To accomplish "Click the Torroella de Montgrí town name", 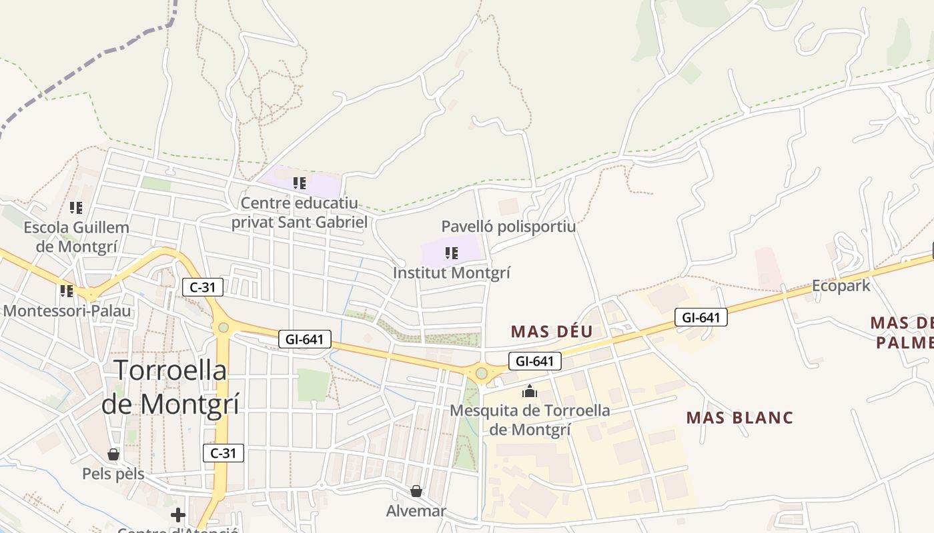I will tap(170, 387).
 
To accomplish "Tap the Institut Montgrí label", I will tap(452, 272).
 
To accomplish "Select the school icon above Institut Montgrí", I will tap(452, 253).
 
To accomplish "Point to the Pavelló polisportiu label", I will tap(508, 227).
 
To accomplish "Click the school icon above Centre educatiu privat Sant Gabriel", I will tap(300, 183).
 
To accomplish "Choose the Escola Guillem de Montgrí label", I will tap(76, 237).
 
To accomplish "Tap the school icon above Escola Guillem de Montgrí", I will tap(76, 208).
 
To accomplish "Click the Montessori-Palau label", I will tap(67, 310).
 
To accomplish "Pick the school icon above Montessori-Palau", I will tap(66, 291).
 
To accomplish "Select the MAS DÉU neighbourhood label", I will tap(552, 331).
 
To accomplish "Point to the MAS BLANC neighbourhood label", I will tap(740, 418).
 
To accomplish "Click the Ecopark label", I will tap(841, 286).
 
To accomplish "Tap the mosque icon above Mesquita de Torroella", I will tap(530, 391).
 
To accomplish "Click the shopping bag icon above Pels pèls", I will tap(113, 454).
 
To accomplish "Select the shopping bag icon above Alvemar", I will tap(416, 492).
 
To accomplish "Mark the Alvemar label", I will tap(416, 511).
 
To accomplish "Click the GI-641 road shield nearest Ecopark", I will tap(700, 317).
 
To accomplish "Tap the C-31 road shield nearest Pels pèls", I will tap(223, 453).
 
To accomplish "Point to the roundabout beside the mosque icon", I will tap(481, 374).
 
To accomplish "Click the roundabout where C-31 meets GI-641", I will tap(223, 327).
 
